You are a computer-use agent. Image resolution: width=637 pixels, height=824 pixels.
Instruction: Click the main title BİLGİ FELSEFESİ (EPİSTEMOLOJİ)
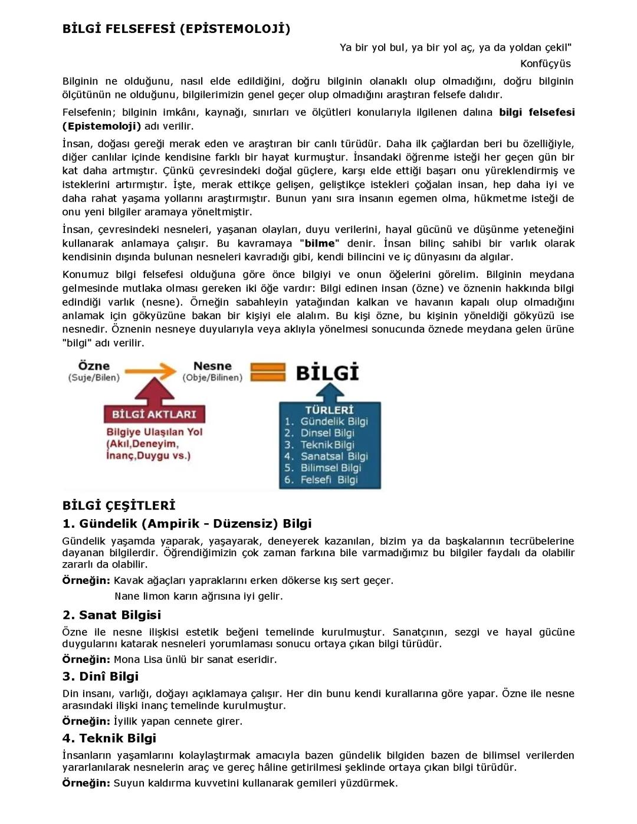pos(176,29)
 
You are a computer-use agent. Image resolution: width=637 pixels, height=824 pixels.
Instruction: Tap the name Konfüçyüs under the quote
pos(545,63)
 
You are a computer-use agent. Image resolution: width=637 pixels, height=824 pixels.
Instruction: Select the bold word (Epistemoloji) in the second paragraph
pos(101,126)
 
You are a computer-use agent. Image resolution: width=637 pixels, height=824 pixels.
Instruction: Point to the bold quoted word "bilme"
pos(319,243)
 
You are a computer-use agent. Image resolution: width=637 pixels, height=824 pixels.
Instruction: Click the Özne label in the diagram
pos(94,366)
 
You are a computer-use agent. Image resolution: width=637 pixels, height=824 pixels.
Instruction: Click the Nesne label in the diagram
pos(212,366)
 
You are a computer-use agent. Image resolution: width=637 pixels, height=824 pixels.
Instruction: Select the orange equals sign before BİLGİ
pos(268,372)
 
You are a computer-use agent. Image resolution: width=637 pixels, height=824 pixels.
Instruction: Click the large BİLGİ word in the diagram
pos(327,373)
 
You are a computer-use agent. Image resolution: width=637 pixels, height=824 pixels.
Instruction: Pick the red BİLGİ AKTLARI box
pos(154,414)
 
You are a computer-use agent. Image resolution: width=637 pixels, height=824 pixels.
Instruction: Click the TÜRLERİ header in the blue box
pos(329,410)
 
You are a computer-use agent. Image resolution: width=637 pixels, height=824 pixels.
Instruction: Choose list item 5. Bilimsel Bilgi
pos(323,468)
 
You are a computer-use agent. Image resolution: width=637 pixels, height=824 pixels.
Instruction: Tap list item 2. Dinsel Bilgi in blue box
pos(319,433)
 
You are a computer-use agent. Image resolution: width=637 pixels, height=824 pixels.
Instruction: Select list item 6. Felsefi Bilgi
pos(321,480)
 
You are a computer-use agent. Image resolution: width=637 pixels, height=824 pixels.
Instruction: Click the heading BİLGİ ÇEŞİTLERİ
pos(119,505)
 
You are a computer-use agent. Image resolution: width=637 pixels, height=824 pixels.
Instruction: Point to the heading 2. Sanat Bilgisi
pos(111,615)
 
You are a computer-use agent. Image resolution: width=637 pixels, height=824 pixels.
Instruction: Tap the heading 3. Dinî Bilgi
pos(100,676)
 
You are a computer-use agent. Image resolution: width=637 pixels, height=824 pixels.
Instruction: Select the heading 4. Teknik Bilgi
pos(109,738)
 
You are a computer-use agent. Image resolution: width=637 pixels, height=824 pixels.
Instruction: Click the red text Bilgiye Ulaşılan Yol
pos(154,432)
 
